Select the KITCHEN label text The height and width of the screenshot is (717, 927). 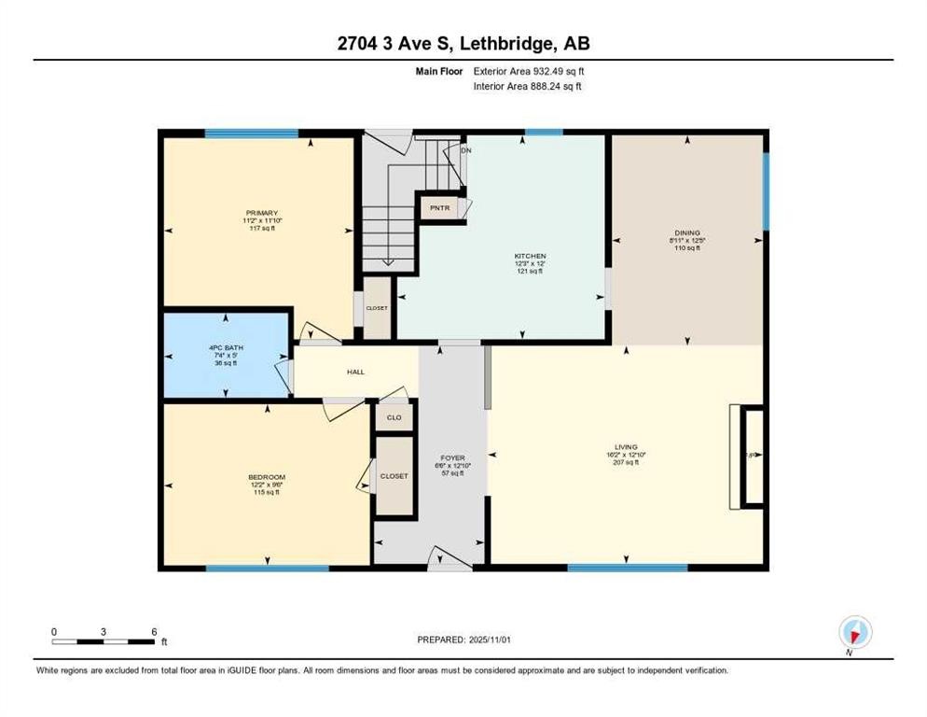coord(530,256)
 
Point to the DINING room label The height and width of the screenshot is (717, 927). coord(687,232)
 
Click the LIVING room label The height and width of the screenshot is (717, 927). coord(626,447)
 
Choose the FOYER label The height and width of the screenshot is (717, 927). coord(452,458)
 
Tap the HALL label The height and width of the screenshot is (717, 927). coord(355,372)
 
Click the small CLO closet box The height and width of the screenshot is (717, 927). coord(394,417)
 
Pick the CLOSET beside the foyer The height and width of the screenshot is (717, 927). coord(394,476)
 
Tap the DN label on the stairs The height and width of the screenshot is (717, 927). coord(466,150)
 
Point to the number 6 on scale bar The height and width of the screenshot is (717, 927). coord(153,631)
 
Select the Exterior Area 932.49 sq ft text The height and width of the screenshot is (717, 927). coord(529,71)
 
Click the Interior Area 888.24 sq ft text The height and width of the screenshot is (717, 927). coord(528,86)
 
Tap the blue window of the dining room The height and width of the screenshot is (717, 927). coord(766,191)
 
